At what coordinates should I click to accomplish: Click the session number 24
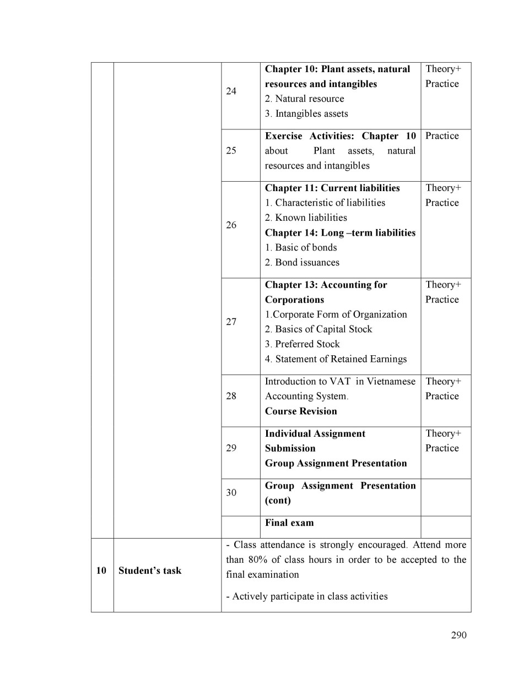231,91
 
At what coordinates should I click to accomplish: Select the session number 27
231,322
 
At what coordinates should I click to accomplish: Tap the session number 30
231,492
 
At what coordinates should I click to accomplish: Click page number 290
458,635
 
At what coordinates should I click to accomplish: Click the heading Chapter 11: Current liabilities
332,188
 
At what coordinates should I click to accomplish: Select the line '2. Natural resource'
304,99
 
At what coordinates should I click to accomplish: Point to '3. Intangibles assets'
306,113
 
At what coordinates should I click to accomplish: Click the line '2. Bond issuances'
302,262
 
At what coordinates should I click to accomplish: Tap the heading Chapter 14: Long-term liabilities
340,232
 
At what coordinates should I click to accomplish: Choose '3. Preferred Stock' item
302,344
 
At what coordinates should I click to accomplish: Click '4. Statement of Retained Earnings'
336,359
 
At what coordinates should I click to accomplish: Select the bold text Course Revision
301,411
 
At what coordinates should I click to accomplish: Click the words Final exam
289,523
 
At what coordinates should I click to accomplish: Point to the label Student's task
150,571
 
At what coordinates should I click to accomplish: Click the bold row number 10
101,571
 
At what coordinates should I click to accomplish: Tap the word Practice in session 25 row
442,136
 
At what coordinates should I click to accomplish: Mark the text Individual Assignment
315,433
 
